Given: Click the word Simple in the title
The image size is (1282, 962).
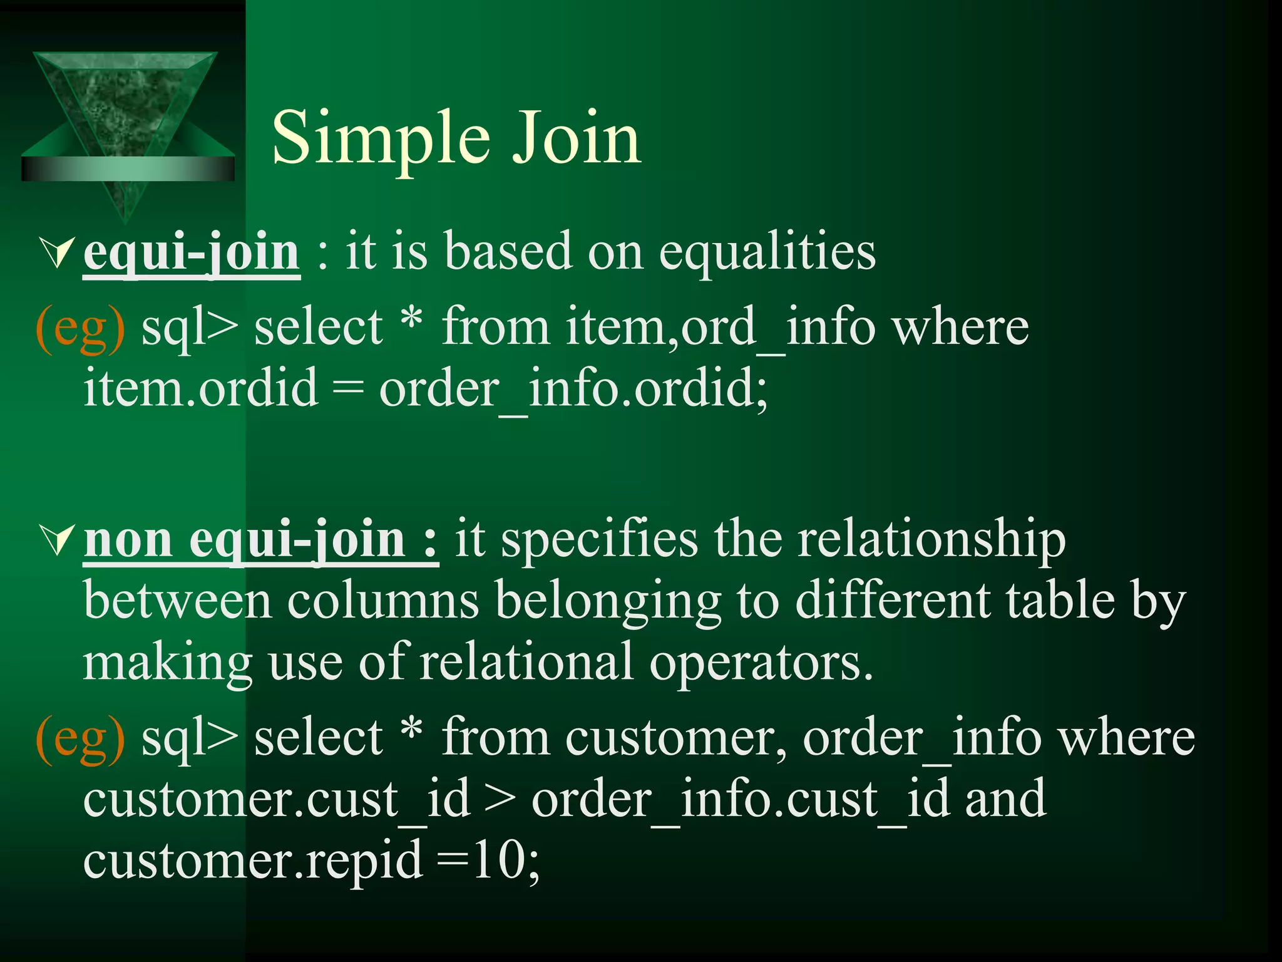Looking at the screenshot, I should click(x=381, y=139).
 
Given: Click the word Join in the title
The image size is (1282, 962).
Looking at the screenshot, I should click(x=576, y=139).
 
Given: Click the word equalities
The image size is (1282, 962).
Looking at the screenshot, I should click(x=767, y=253).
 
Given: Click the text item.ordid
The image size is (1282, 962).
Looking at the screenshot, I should click(x=201, y=388).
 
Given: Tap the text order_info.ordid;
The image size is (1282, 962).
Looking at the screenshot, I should click(x=573, y=388).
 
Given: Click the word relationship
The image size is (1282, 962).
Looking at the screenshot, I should click(x=931, y=540).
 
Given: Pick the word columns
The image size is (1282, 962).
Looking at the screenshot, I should click(x=382, y=601).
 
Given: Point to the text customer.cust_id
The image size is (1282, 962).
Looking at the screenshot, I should click(x=276, y=800).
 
